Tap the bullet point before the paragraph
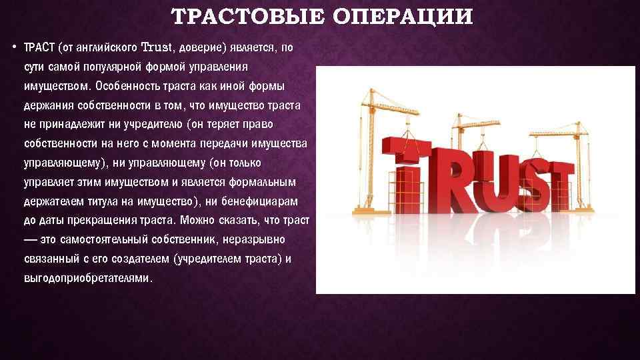point(14,48)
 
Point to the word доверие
point(201,48)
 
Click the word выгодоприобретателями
point(87,278)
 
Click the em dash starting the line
point(30,240)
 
